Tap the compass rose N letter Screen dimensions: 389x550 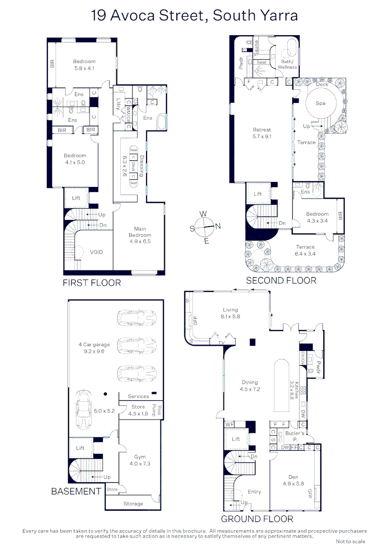click(x=218, y=226)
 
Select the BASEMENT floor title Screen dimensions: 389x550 click(x=76, y=491)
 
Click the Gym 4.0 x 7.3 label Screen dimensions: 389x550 click(x=140, y=460)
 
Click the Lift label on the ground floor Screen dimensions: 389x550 click(x=236, y=439)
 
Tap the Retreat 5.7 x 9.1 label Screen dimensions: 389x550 click(x=262, y=133)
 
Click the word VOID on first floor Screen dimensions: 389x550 click(x=96, y=252)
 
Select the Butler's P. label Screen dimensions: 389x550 click(x=295, y=436)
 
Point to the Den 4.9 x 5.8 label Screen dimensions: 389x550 click(x=294, y=480)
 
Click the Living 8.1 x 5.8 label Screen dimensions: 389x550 click(x=231, y=313)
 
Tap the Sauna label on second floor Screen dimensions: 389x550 click(x=257, y=48)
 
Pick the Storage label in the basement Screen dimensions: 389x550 click(x=133, y=504)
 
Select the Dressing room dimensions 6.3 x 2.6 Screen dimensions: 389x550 click(x=125, y=166)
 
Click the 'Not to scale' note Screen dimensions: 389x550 click(x=350, y=541)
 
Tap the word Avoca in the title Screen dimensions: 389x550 click(x=132, y=15)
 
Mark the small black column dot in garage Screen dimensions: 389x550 click(x=105, y=394)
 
